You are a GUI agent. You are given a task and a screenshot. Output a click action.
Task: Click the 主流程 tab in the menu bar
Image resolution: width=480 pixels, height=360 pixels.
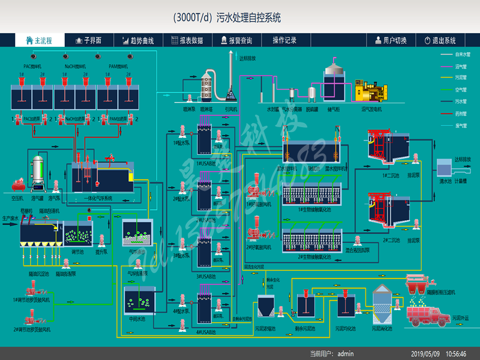[x=39, y=40]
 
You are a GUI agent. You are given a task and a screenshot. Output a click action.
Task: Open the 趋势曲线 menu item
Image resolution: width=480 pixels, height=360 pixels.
[x=138, y=40]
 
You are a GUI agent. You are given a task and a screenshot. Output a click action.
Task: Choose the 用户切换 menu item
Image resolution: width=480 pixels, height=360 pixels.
[x=391, y=40]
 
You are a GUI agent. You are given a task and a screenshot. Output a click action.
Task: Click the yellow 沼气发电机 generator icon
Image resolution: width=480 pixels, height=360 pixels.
[x=371, y=91]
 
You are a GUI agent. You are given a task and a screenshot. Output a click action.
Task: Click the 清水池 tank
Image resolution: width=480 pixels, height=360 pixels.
[x=445, y=167]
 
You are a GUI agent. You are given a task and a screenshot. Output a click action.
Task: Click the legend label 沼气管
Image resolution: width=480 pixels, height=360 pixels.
[x=462, y=66]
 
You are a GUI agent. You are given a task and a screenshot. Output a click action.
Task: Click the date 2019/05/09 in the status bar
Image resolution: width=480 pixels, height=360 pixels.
[x=424, y=354]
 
